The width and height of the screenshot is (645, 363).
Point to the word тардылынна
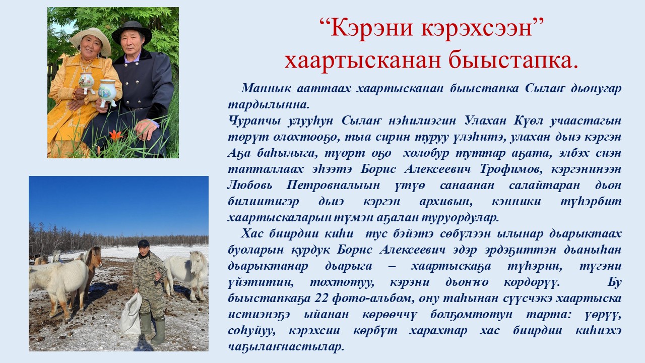pyautogui.click(x=269, y=104)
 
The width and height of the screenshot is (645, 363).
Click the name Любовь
pyautogui.click(x=250, y=185)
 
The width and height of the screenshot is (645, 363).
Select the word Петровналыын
pyautogui.click(x=333, y=186)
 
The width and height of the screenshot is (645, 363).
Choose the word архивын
pyautogui.click(x=446, y=202)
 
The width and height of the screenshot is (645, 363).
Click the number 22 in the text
pyautogui.click(x=321, y=298)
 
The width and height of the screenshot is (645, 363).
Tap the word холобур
pyautogui.click(x=426, y=153)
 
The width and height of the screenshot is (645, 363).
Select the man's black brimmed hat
pyautogui.click(x=132, y=32)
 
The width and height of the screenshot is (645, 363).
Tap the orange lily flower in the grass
pyautogui.click(x=115, y=135)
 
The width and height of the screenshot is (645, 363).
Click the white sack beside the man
pyautogui.click(x=130, y=314)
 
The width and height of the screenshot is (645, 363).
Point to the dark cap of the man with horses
pyautogui.click(x=144, y=244)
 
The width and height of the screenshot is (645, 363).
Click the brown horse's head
pyautogui.click(x=95, y=257)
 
